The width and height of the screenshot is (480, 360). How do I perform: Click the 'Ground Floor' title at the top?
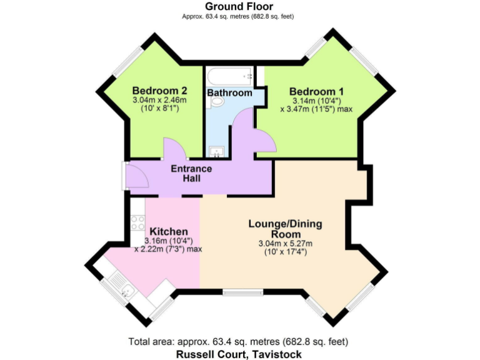point(239,6)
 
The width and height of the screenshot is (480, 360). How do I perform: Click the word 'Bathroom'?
point(229,93)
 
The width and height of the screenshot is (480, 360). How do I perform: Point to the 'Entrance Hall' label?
point(191,174)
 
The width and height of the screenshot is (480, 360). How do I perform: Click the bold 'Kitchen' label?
point(169,232)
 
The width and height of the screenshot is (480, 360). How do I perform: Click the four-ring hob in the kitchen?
point(137,222)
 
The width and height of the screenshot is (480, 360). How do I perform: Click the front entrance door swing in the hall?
point(137,176)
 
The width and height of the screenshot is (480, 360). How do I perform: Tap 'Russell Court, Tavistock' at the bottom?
point(239,354)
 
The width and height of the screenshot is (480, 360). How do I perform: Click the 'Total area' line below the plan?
point(239,341)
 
